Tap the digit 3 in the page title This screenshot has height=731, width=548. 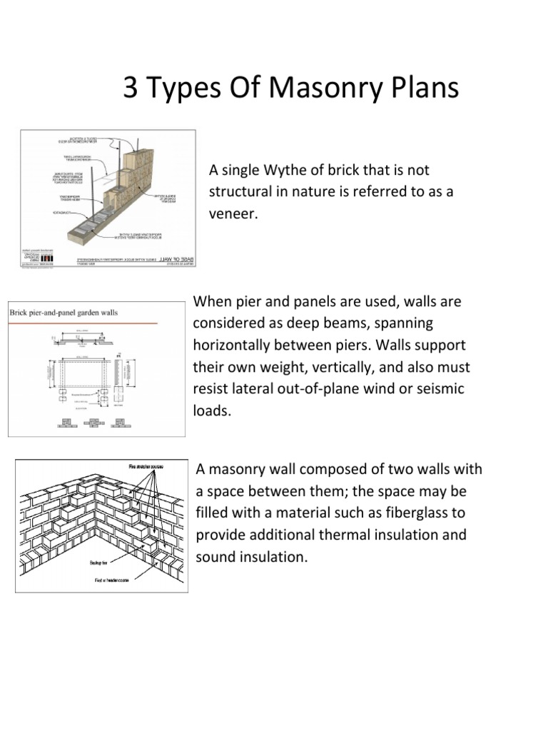[x=131, y=89]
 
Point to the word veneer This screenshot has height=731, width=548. [x=231, y=214]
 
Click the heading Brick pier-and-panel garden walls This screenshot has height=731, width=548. [x=64, y=313]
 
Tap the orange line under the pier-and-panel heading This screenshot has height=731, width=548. [x=83, y=323]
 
